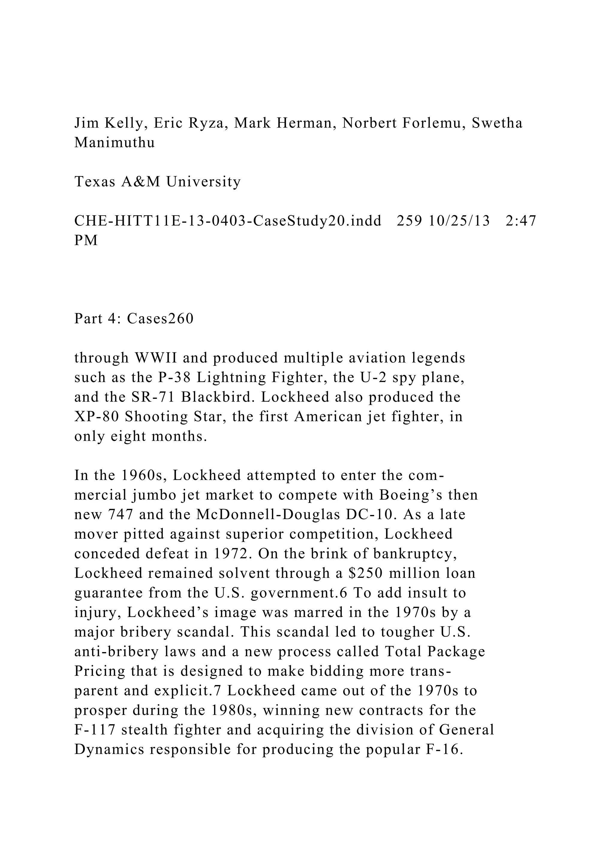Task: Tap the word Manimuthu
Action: [115, 143]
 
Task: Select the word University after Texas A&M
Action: [203, 182]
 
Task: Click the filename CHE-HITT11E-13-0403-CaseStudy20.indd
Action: [228, 221]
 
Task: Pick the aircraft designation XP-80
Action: [97, 416]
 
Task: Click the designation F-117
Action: [94, 730]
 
